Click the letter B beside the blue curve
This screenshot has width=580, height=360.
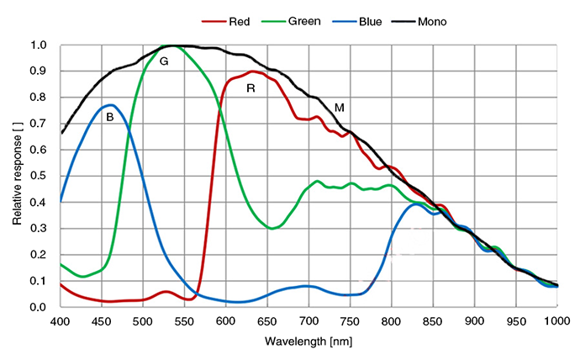(x=110, y=118)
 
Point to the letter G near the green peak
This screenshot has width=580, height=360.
(x=164, y=61)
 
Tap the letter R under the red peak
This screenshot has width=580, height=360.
(x=250, y=87)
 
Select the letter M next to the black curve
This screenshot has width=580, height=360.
(x=340, y=108)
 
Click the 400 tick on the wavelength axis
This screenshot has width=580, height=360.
(x=61, y=320)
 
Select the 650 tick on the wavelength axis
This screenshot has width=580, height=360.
(x=268, y=320)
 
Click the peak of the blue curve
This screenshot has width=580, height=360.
(x=110, y=105)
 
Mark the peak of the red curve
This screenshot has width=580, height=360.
(x=252, y=71)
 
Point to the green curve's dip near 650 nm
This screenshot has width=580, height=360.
(x=272, y=228)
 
